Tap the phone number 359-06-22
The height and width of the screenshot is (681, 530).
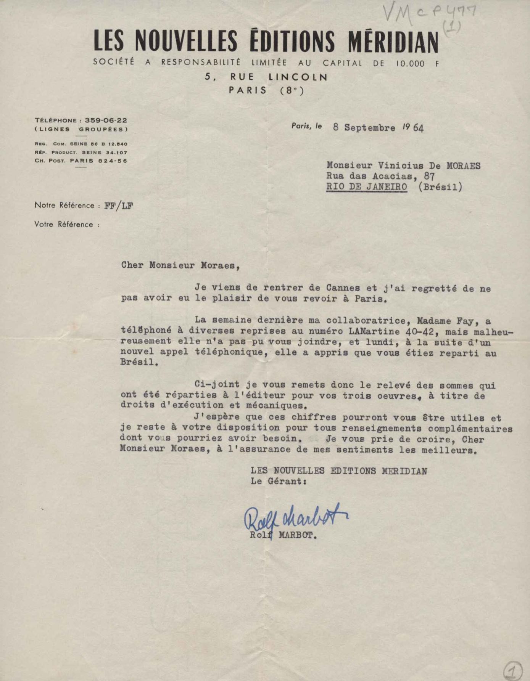coord(106,120)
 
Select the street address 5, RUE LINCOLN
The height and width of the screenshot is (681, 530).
coord(266,77)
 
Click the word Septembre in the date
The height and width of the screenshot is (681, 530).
coord(369,128)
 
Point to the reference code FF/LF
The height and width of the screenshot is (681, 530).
coord(118,206)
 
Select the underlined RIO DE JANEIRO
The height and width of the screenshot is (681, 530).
coord(366,187)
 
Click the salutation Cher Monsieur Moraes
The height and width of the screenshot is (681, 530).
coord(180,265)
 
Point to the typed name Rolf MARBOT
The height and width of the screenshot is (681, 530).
coord(284,535)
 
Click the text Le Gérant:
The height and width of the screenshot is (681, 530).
coord(279,481)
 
